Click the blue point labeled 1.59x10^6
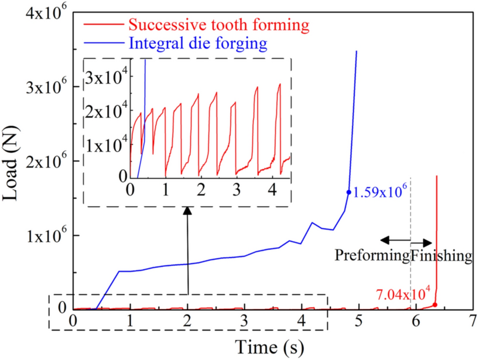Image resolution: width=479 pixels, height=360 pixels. point(348,192)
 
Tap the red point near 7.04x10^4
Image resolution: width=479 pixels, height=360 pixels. point(435,304)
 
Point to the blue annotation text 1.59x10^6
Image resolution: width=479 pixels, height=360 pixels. point(378,190)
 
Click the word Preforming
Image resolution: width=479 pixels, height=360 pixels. point(372,255)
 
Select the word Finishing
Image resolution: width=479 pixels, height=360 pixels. point(440,255)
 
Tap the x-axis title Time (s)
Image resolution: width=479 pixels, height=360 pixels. point(271,347)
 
